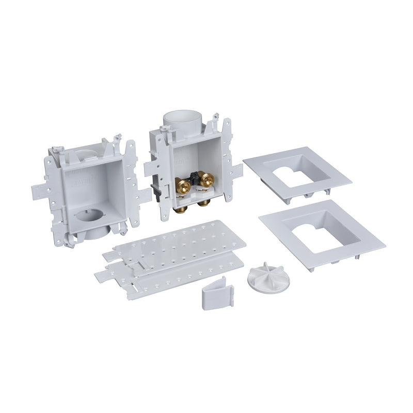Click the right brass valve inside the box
tap(207, 179)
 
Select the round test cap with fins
tap(263, 277)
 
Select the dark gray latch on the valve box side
tap(153, 188)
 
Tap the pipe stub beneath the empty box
tap(94, 235)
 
